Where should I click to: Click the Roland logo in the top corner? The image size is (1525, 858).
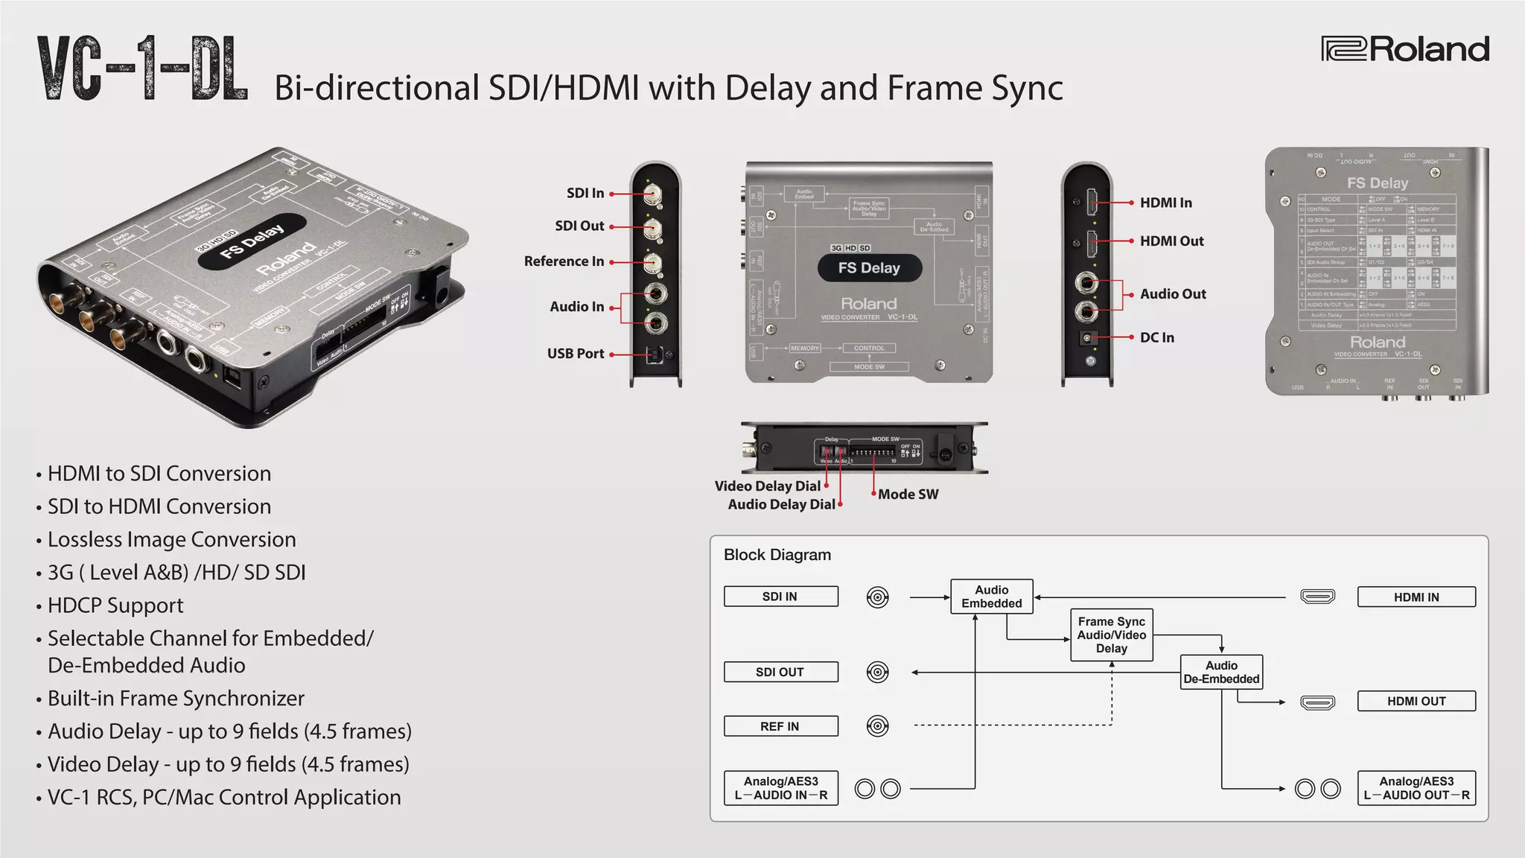1405,49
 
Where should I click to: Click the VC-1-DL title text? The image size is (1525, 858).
142,69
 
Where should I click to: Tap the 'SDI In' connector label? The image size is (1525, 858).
585,193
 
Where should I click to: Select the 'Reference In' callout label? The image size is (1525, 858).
564,261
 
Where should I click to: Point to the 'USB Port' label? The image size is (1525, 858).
576,354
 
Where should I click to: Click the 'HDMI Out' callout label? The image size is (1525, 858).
1171,241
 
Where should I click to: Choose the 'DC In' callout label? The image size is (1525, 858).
1156,337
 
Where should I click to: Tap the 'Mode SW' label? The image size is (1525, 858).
908,495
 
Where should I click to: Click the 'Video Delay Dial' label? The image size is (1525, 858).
767,486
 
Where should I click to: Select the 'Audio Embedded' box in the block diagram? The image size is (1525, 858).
991,597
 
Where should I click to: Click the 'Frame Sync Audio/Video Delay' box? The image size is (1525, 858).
1111,635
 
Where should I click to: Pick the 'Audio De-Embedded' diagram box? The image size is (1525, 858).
1221,673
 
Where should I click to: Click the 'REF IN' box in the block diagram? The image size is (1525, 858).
780,726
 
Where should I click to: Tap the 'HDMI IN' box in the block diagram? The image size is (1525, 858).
1416,597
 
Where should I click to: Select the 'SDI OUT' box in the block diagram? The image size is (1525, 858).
780,672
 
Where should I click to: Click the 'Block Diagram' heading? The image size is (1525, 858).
777,555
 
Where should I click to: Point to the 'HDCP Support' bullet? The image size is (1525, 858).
115,606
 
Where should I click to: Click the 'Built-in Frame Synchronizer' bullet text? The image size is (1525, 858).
176,699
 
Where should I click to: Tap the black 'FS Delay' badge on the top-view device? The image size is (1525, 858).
869,268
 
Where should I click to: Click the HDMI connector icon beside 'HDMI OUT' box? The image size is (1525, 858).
1317,702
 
